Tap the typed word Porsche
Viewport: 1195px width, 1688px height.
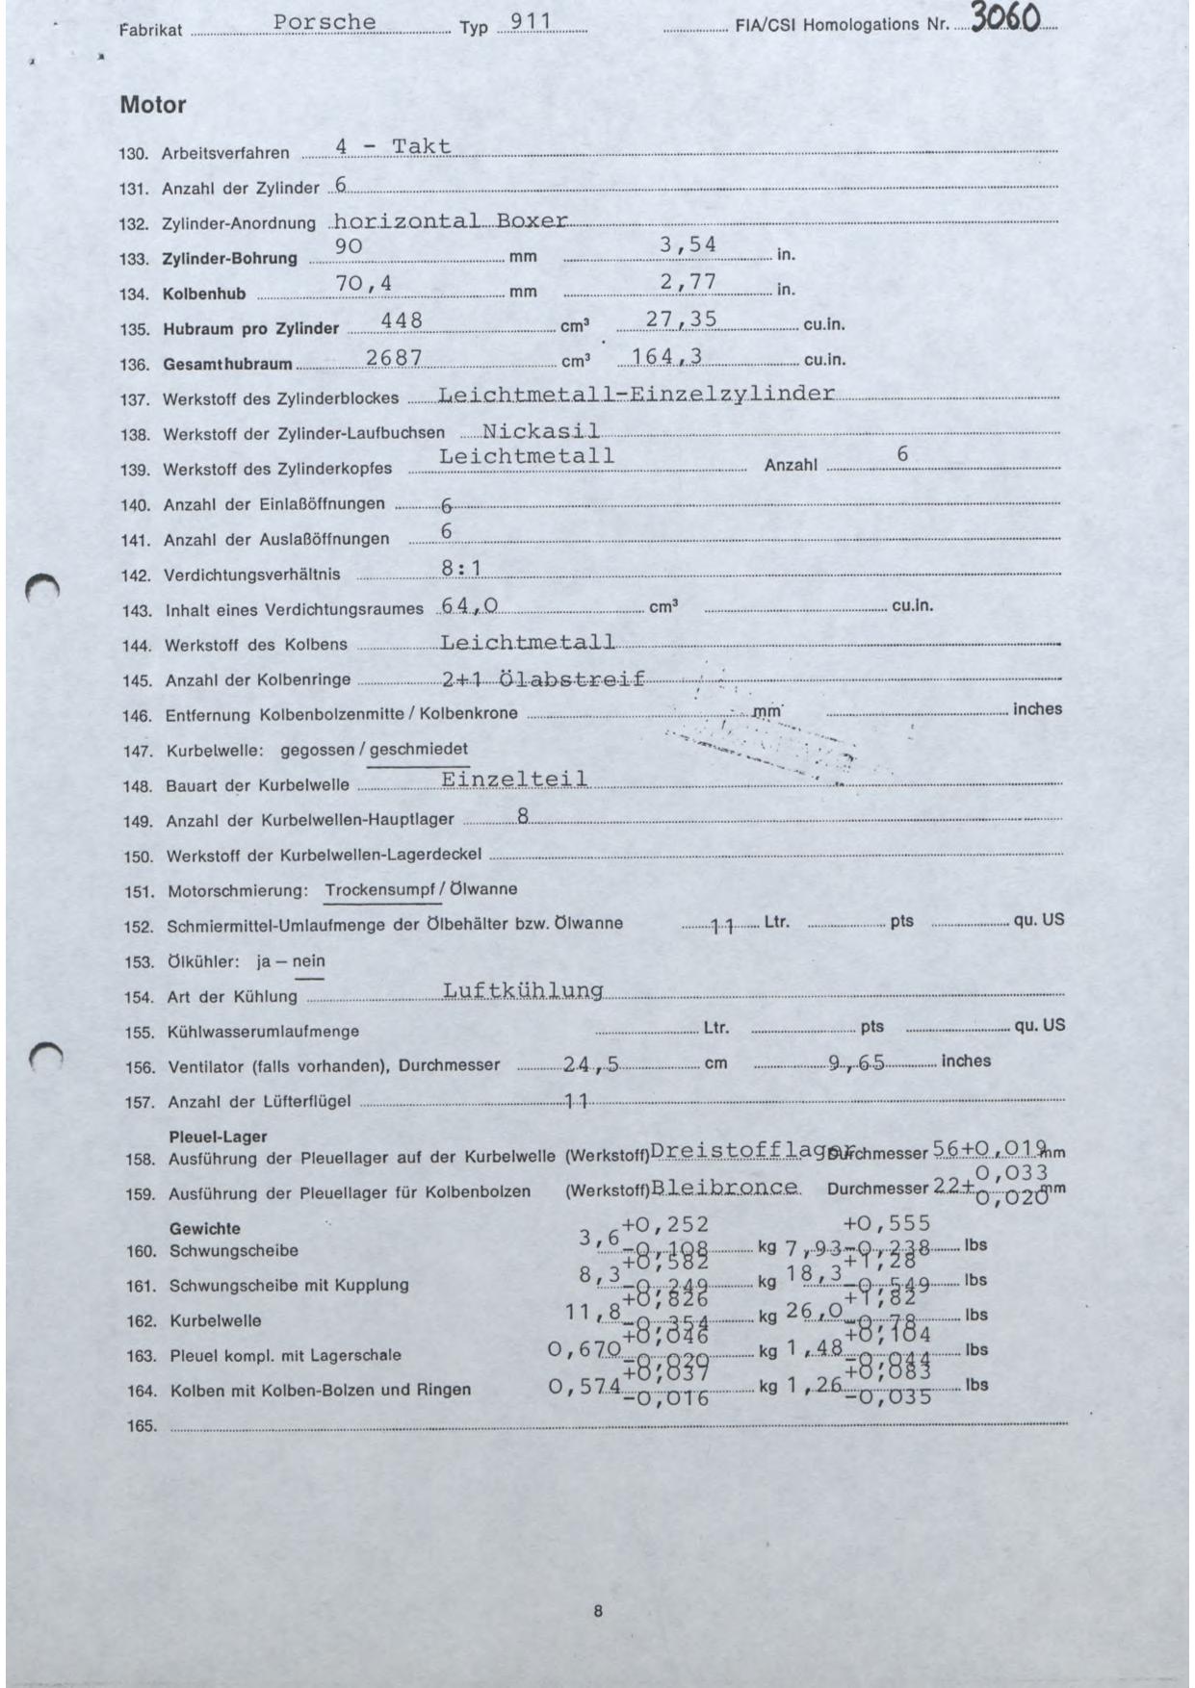[x=325, y=22]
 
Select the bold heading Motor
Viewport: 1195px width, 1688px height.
[x=153, y=105]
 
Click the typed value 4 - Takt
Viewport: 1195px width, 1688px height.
[x=393, y=147]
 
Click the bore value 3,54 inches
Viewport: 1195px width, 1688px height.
[x=688, y=245]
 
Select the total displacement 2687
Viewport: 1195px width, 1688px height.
[x=394, y=357]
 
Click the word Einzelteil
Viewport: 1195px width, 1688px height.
[x=514, y=779]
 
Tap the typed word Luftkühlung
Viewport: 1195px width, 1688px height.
[x=522, y=990]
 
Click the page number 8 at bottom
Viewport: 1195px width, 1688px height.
[x=598, y=1611]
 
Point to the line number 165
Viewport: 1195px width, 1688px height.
[x=142, y=1426]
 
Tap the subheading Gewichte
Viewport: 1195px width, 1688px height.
[x=204, y=1229]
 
